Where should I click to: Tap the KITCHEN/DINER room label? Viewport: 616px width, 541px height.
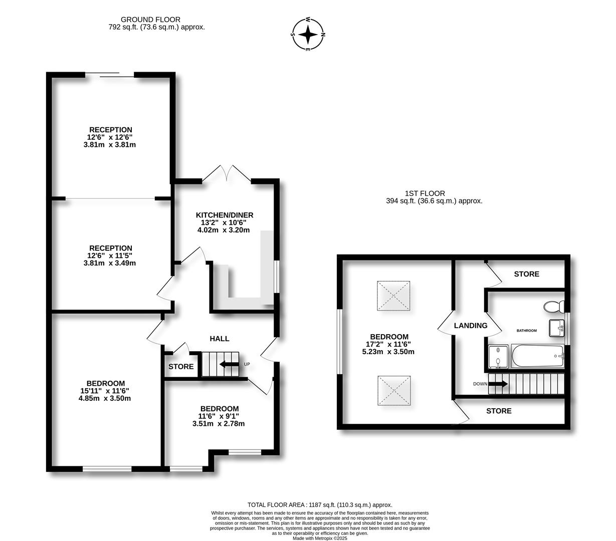pos(225,215)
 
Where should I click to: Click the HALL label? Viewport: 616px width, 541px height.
pos(220,339)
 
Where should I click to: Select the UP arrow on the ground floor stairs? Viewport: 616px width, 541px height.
pos(229,364)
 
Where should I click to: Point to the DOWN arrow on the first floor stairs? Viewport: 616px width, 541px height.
pos(497,384)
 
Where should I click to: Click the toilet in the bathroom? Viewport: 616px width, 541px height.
pos(554,306)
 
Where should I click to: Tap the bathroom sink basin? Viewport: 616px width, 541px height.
pos(557,328)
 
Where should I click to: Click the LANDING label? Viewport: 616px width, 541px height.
pos(471,326)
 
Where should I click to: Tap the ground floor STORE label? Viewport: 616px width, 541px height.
pos(181,367)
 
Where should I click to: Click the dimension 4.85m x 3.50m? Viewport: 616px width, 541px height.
pos(105,399)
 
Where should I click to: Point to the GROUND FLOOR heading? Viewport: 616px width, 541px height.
pos(143,20)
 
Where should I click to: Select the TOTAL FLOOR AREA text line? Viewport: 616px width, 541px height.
pos(320,505)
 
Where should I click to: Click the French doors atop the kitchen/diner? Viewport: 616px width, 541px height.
pos(227,174)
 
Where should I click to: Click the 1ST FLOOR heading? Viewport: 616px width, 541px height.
pos(425,193)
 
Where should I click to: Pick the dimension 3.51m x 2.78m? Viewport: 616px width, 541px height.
pos(219,424)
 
